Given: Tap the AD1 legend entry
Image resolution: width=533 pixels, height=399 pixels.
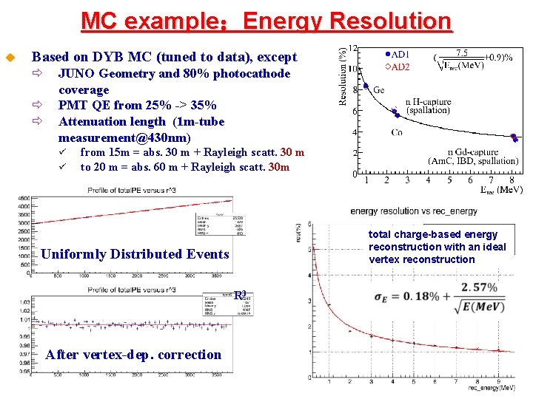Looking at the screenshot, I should click(397, 55).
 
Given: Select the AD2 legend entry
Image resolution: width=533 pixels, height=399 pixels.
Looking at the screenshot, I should click(397, 66).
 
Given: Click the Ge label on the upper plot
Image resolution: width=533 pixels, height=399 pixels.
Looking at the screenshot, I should click(378, 90).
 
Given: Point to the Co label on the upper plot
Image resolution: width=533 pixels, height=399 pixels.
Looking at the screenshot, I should click(398, 133).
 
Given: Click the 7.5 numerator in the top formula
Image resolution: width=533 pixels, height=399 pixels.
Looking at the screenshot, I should click(461, 53).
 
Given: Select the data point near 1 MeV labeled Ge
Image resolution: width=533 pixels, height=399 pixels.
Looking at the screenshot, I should click(366, 86).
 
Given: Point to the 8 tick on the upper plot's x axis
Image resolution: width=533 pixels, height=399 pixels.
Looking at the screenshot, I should click(512, 180).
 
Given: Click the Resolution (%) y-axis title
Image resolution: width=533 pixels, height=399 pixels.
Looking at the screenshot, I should click(343, 77).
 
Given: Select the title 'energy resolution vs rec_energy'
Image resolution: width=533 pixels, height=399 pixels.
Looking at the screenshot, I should click(414, 211).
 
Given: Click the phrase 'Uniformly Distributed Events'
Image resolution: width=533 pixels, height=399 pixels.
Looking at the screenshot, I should click(135, 254).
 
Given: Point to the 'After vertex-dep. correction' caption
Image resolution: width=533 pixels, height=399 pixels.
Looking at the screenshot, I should click(133, 355).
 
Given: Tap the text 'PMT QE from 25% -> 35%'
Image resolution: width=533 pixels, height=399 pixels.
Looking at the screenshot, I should click(137, 106).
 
